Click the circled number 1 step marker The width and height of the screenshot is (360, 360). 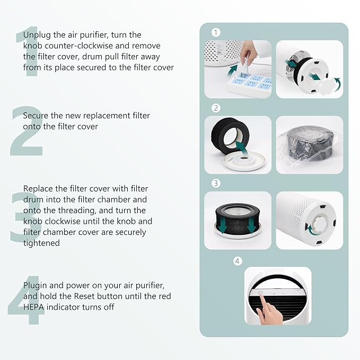click(x=216, y=32)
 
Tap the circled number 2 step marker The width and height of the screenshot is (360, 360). click(x=216, y=108)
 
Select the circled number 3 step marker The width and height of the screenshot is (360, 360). click(x=216, y=183)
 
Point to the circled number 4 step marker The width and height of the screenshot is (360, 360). click(x=238, y=261)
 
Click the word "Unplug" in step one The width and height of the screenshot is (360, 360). click(x=37, y=36)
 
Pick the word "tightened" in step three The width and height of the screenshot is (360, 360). click(x=41, y=243)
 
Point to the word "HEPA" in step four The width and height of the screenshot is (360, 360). click(x=33, y=307)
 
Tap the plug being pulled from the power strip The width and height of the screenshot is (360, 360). click(x=245, y=65)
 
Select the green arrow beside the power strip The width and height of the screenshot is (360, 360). click(x=233, y=71)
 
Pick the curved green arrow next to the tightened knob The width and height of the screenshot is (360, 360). click(x=310, y=230)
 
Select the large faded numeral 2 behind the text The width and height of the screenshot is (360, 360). click(x=27, y=131)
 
